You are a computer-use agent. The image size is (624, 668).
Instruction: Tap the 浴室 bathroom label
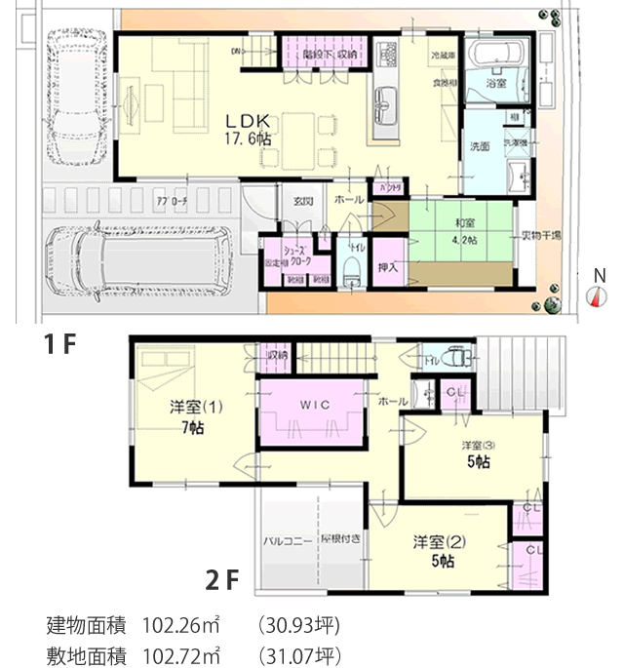496,86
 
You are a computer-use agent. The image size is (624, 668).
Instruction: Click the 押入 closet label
387,264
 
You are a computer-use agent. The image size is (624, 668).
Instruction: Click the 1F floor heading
56,344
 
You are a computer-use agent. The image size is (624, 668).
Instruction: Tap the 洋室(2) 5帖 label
435,550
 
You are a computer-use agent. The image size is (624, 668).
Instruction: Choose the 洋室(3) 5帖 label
477,453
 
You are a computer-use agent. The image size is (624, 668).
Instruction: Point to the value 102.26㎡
180,624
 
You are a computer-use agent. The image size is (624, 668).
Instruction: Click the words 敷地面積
87,653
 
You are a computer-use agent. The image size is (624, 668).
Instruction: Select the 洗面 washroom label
480,147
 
